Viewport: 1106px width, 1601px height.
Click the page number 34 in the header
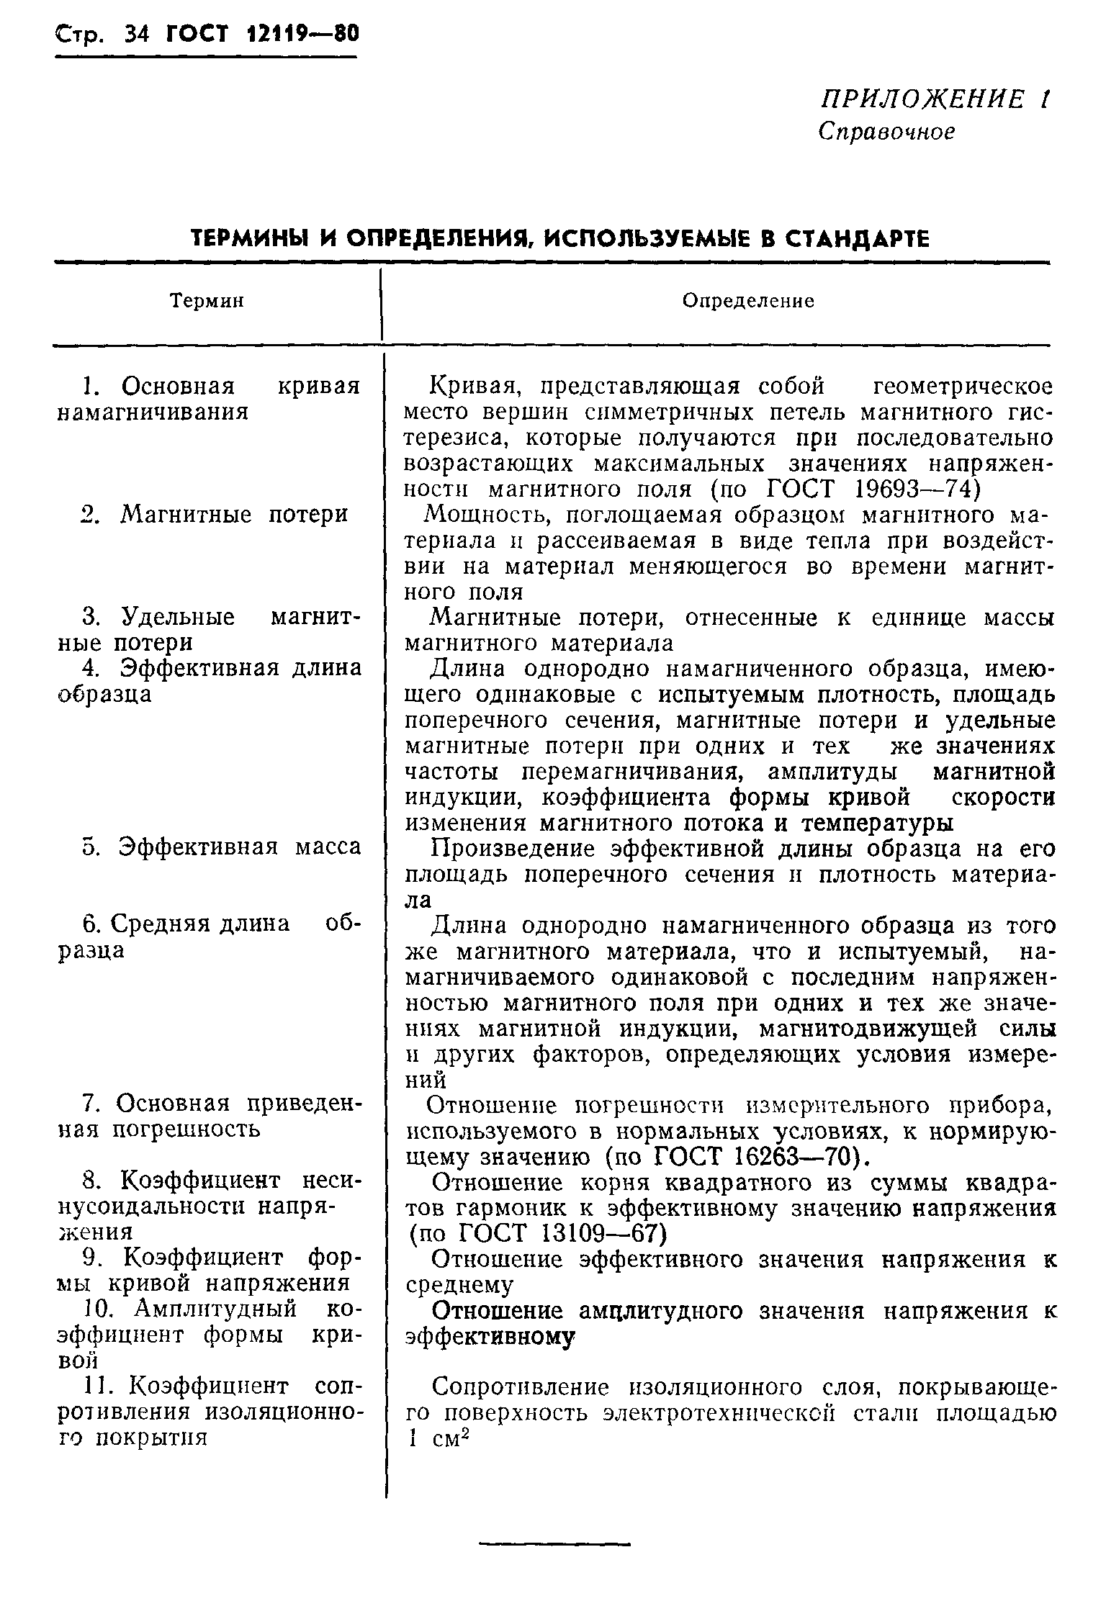[x=135, y=34]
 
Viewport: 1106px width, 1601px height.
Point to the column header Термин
[x=207, y=301]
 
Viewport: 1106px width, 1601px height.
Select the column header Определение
[x=748, y=301]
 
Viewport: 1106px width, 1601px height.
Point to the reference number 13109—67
[x=598, y=1234]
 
